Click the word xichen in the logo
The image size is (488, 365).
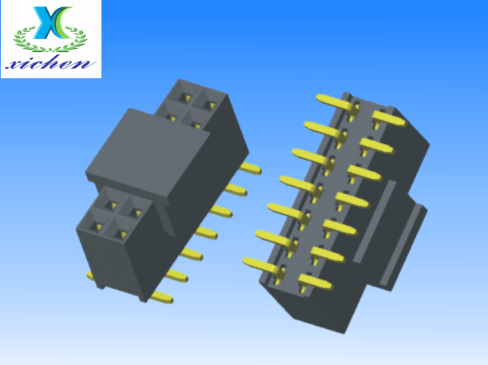(50, 63)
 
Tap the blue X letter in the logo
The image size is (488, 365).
(46, 22)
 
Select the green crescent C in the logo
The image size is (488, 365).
(64, 22)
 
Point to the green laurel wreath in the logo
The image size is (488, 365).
(50, 40)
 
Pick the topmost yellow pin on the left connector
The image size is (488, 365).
(250, 169)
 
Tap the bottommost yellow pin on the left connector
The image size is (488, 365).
(161, 297)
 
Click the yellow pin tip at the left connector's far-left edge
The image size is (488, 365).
(90, 276)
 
